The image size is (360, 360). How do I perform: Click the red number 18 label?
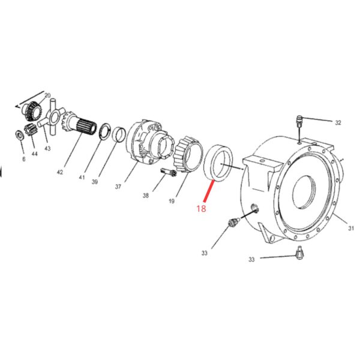click(201, 208)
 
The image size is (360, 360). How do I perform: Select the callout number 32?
click(338, 122)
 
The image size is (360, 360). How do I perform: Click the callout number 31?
click(351, 228)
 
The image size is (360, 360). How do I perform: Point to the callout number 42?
click(59, 172)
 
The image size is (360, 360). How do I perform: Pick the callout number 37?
click(118, 187)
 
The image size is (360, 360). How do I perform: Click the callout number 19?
click(172, 202)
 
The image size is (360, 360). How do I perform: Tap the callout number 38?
click(146, 196)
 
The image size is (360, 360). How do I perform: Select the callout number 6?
click(24, 159)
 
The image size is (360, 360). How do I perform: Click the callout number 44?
click(34, 154)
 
